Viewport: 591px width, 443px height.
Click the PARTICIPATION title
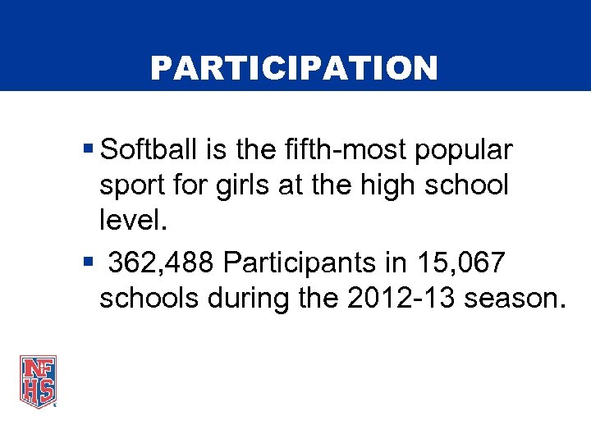pyautogui.click(x=294, y=69)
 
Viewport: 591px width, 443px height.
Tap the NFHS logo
pyautogui.click(x=38, y=381)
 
